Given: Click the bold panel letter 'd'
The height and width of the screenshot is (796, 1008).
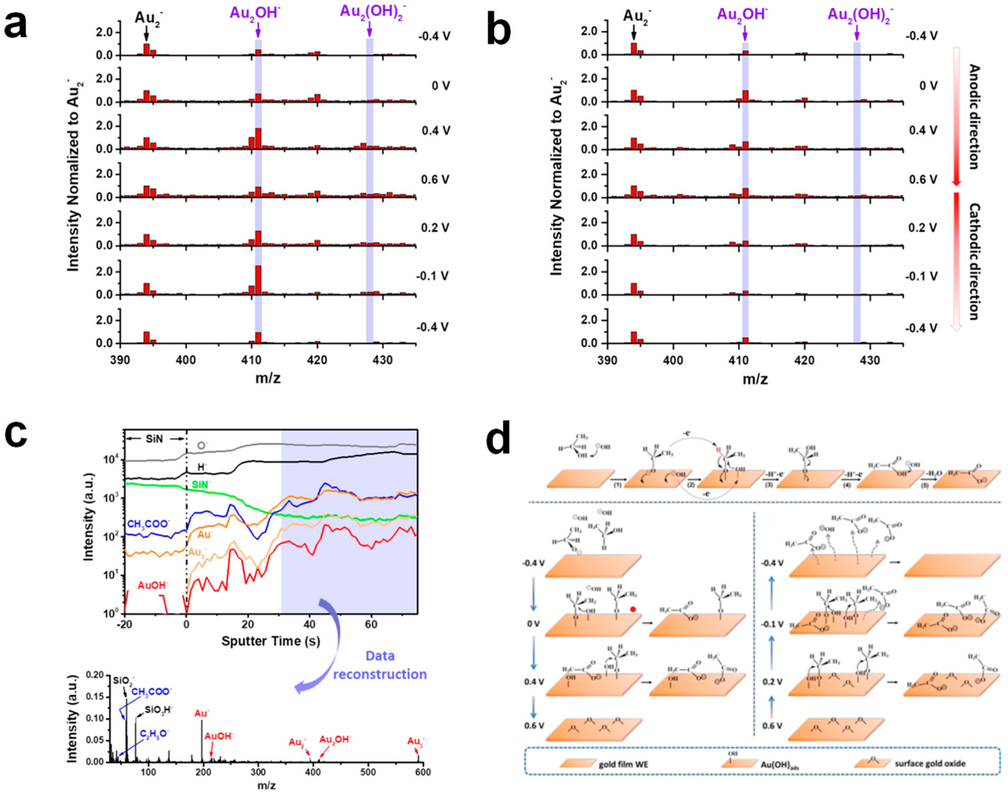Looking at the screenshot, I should click(498, 438).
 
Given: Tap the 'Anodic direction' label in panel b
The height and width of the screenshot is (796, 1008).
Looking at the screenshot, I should click(974, 117).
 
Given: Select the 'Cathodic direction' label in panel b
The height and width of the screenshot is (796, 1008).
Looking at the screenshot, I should click(974, 261).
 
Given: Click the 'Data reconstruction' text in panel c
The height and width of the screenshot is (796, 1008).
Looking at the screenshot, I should click(380, 665).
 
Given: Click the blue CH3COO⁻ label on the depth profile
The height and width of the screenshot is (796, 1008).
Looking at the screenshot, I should click(147, 524).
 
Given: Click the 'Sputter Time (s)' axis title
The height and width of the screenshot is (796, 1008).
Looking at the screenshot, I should click(271, 641).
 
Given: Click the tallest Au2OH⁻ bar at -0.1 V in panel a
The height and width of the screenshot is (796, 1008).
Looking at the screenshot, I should click(258, 280).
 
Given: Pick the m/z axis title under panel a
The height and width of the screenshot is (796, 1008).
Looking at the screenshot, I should click(268, 378).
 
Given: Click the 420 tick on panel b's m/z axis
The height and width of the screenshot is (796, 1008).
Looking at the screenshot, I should click(805, 360).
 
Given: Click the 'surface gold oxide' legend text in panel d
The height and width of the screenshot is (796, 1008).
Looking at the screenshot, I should click(930, 763).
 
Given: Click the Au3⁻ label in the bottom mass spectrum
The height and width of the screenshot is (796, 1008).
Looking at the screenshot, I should click(415, 741).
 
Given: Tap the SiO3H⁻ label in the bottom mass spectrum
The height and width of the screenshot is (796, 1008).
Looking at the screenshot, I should click(158, 710).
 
